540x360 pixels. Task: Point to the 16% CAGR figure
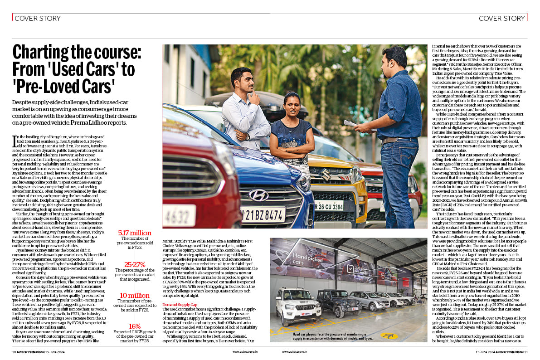135,326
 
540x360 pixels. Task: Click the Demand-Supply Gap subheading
180,305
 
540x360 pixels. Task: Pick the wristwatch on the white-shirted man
248,136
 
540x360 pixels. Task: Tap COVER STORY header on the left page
37,19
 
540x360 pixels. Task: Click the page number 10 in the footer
15,351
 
